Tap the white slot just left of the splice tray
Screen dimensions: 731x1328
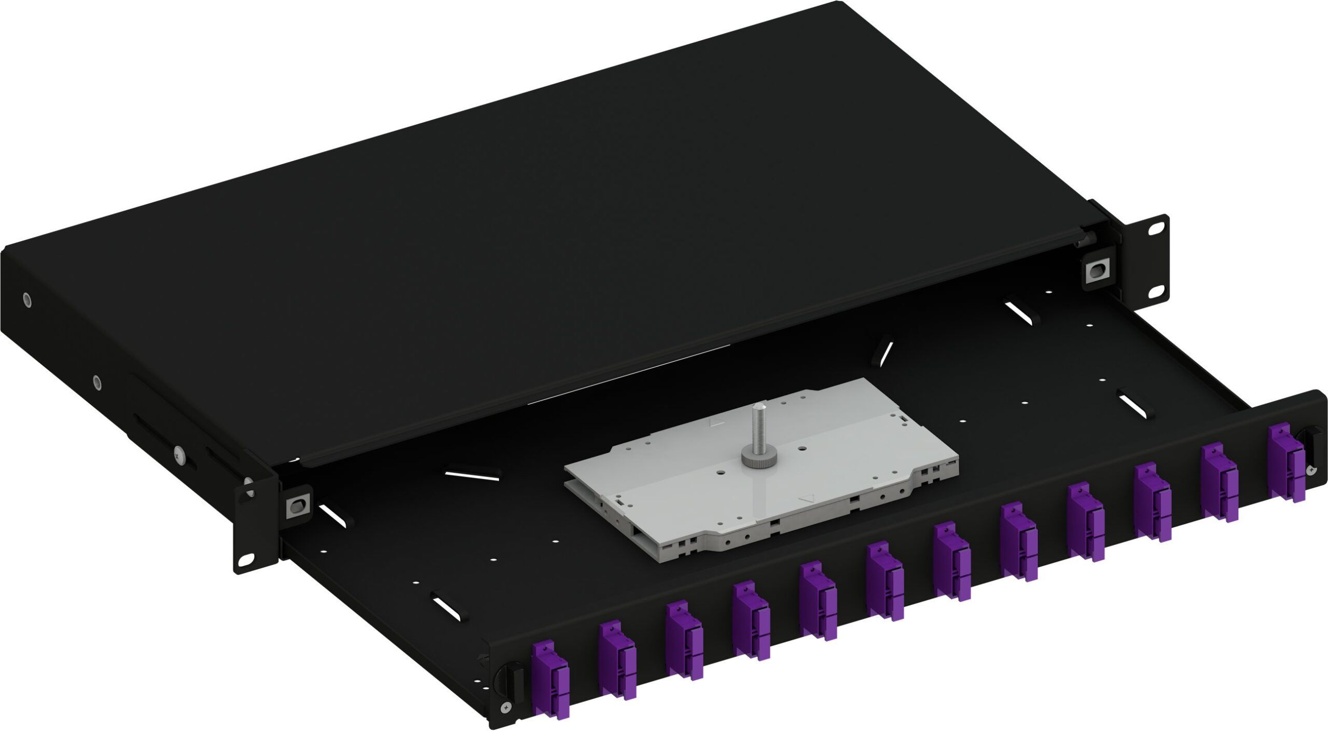(x=472, y=475)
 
